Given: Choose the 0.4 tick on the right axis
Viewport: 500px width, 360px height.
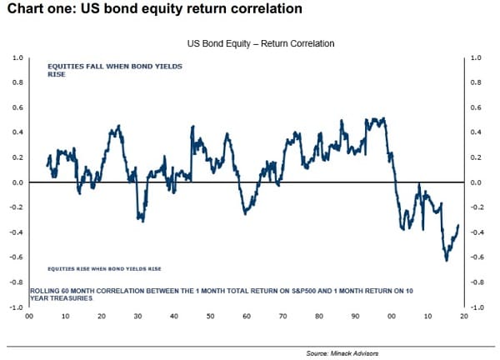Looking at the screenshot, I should (x=477, y=132).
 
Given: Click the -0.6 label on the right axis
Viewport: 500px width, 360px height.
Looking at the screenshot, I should (x=477, y=257).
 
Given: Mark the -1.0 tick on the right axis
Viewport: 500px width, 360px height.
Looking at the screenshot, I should (x=477, y=307).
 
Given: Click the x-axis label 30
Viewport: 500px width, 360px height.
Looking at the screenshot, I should (x=137, y=317).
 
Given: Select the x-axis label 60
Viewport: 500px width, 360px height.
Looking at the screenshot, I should (x=247, y=317).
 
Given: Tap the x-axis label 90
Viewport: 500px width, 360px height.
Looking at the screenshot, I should (x=355, y=317).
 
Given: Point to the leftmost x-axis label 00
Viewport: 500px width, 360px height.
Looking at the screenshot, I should (x=29, y=317).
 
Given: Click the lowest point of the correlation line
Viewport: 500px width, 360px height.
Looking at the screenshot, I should (x=447, y=260).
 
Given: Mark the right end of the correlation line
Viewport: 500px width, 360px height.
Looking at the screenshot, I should (x=458, y=226).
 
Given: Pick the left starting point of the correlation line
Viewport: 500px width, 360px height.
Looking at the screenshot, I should (x=47, y=165).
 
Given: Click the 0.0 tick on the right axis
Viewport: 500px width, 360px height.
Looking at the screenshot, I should (x=477, y=182).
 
